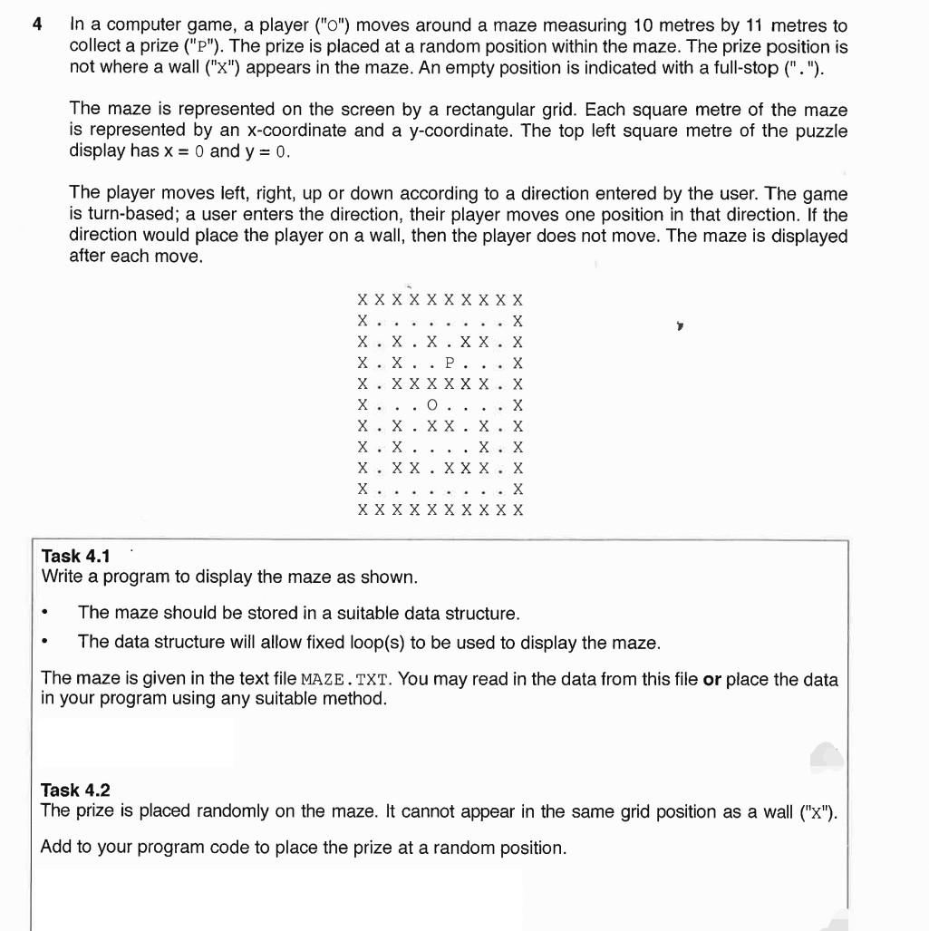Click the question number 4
[36, 25]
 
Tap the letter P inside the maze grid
[450, 363]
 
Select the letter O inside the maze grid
[431, 405]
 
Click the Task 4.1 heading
[75, 556]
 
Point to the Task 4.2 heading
[75, 790]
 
